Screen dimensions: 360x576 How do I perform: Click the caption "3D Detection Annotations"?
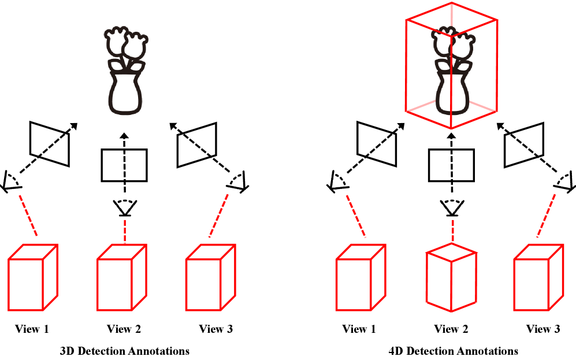[124, 351]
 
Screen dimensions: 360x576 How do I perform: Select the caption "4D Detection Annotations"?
[453, 351]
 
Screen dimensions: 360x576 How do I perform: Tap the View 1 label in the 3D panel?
[32, 329]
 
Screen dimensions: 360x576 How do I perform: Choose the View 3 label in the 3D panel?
[215, 329]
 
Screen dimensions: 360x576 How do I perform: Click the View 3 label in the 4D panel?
[542, 329]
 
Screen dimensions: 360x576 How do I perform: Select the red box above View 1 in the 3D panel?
[32, 277]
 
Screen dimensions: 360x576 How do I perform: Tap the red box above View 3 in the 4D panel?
[538, 277]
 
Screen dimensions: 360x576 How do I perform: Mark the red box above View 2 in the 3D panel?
[121, 277]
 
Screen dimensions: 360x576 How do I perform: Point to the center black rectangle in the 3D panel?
[124, 165]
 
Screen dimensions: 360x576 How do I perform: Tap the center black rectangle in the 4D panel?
[451, 165]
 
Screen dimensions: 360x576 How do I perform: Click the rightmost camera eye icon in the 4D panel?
[564, 183]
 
